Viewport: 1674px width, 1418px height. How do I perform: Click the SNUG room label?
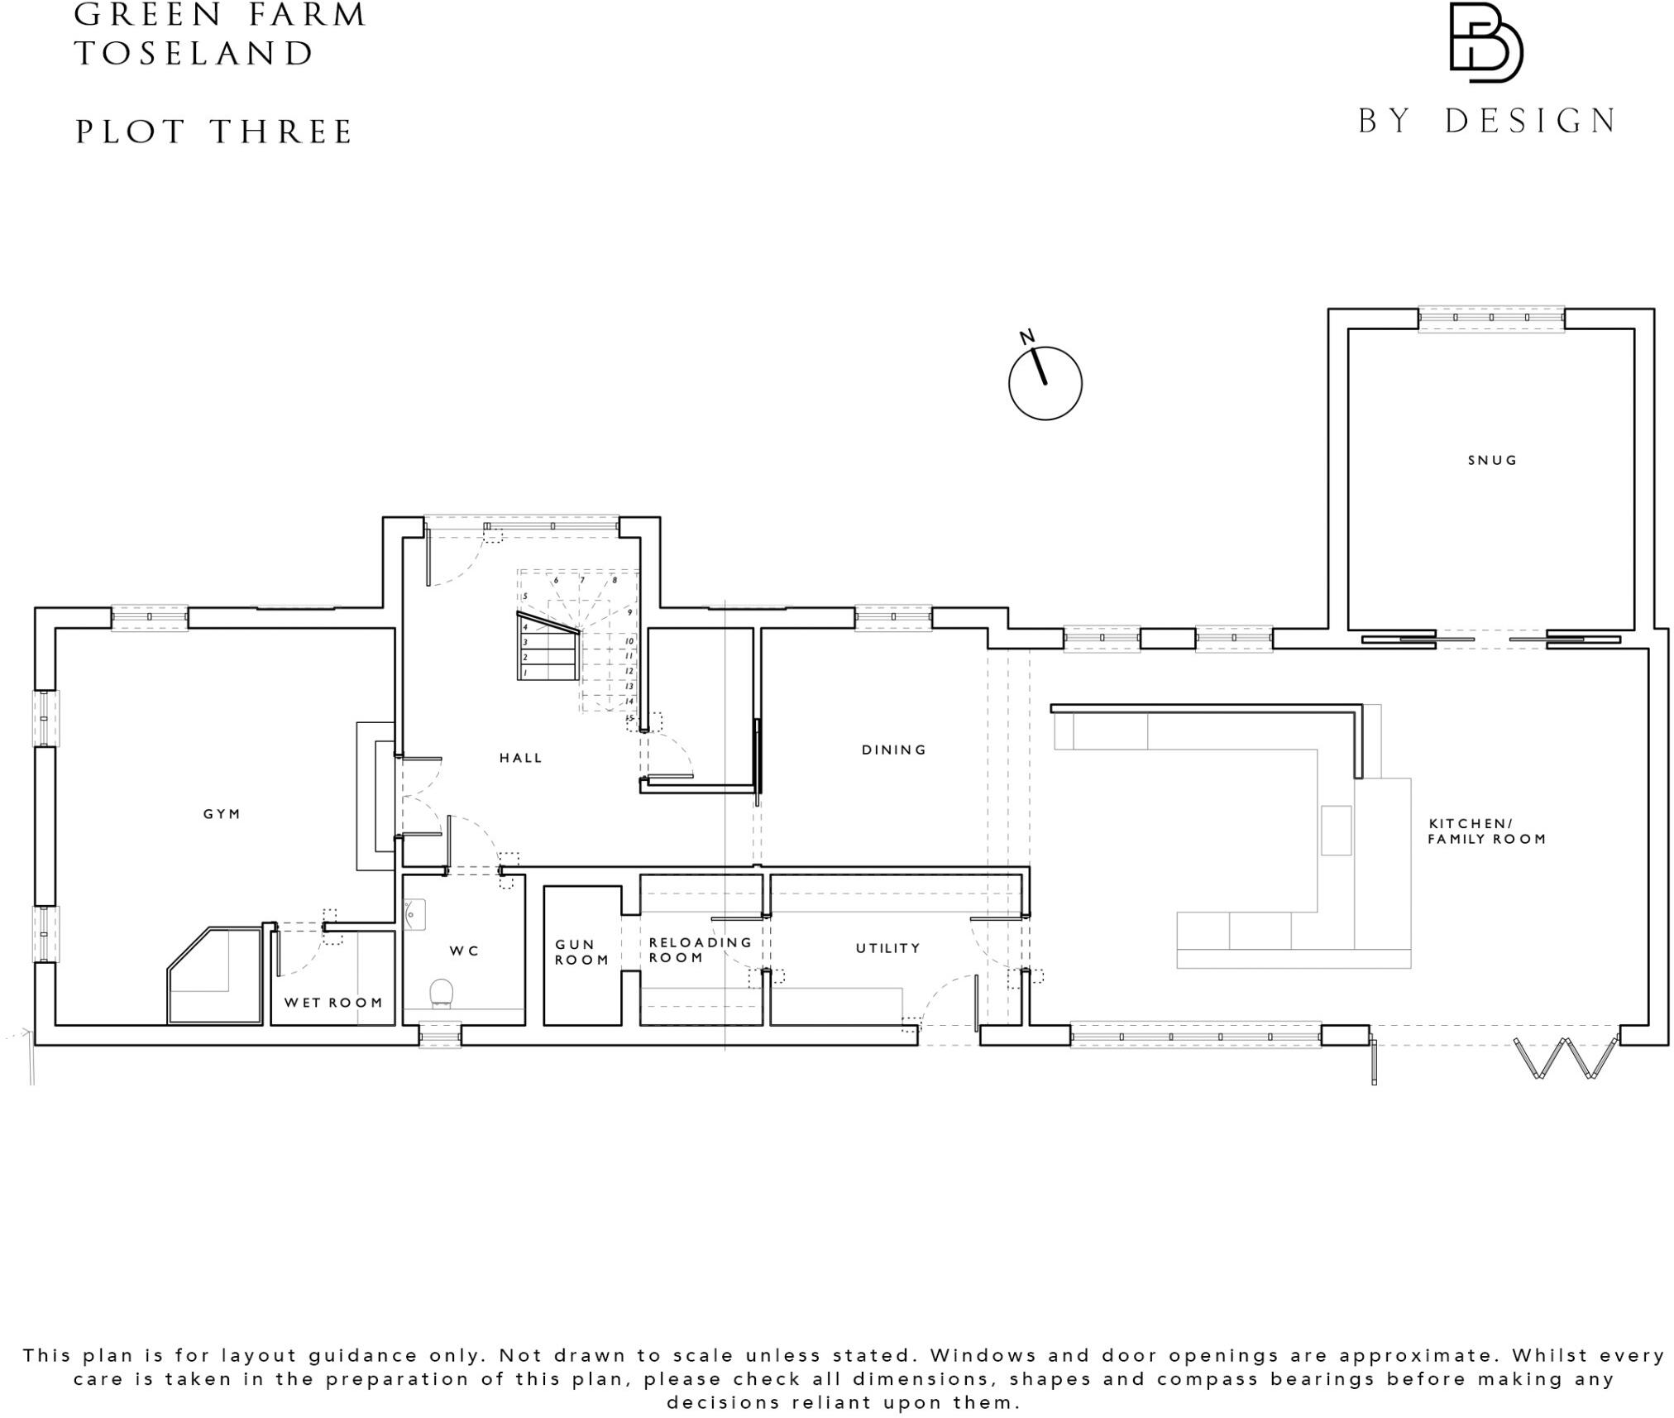click(1492, 461)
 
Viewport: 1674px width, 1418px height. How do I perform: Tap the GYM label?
click(222, 814)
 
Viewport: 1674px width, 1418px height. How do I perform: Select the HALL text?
click(520, 758)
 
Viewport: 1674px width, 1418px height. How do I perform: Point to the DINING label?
click(893, 750)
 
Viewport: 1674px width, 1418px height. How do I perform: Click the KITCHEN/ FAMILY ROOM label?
click(1486, 831)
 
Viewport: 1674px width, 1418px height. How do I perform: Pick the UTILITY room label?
click(887, 948)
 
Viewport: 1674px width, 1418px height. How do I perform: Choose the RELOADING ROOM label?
click(700, 950)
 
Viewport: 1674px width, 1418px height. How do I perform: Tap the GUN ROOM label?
click(581, 952)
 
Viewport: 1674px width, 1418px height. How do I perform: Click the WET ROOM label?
click(333, 1003)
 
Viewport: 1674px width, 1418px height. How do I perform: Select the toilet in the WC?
click(442, 994)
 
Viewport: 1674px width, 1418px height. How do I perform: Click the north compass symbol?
click(1045, 382)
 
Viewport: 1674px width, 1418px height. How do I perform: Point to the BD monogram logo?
click(1485, 43)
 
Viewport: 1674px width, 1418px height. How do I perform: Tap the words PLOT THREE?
click(214, 132)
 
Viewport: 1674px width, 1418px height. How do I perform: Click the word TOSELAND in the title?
click(194, 54)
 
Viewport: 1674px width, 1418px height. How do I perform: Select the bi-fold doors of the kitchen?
click(1565, 1058)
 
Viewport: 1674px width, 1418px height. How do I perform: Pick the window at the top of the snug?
click(1490, 319)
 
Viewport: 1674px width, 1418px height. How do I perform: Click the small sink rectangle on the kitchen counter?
click(1336, 831)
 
